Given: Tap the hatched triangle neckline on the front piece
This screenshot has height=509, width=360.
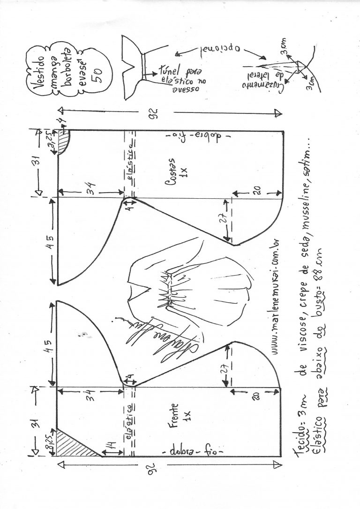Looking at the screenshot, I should (x=74, y=442).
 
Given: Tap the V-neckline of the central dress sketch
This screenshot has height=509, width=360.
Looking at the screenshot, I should (x=137, y=290).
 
